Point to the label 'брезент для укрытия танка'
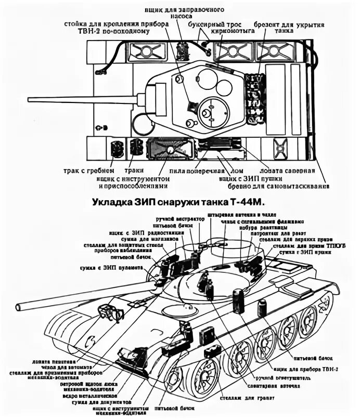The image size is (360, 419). tap(289, 27)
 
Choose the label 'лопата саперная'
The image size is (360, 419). tap(293, 171)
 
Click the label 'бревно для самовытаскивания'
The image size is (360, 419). tap(278, 186)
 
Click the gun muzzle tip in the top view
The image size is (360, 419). tap(30, 100)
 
